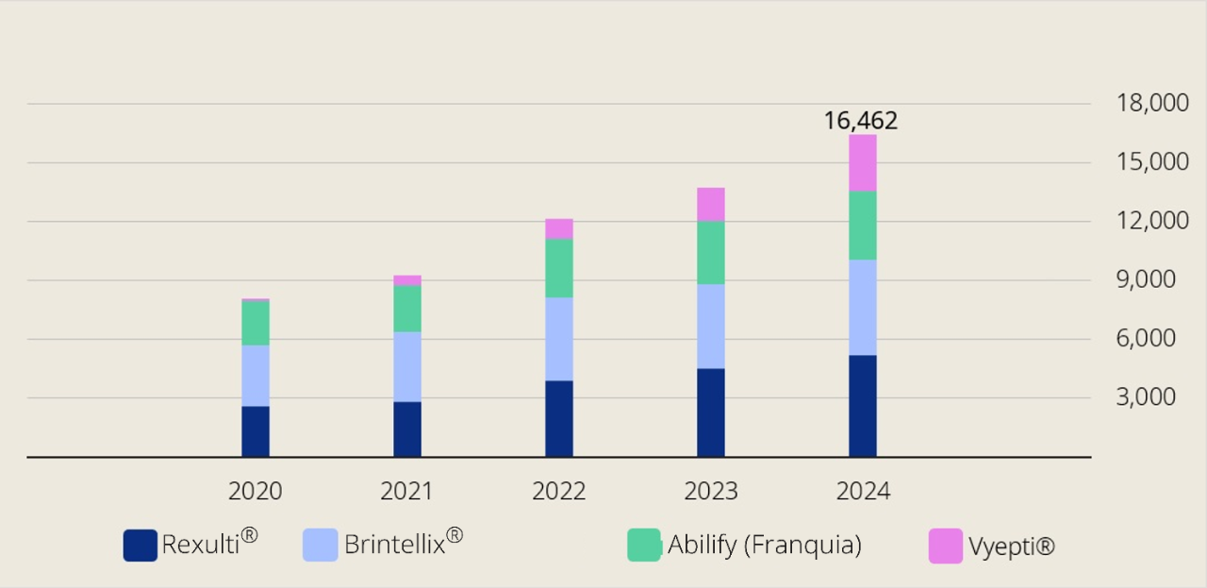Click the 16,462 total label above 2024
860,121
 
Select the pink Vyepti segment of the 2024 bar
862,162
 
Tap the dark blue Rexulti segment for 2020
256,431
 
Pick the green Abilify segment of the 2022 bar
559,268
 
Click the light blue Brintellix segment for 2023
711,326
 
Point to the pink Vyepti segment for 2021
407,280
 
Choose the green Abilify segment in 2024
862,226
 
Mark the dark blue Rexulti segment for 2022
559,418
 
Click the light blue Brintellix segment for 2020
256,376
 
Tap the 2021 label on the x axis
406,491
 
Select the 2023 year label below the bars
711,491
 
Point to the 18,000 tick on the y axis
1152,104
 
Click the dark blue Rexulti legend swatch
141,546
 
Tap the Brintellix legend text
394,545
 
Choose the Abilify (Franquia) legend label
764,545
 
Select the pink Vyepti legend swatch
946,546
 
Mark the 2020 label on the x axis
255,491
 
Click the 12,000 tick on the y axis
1152,221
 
